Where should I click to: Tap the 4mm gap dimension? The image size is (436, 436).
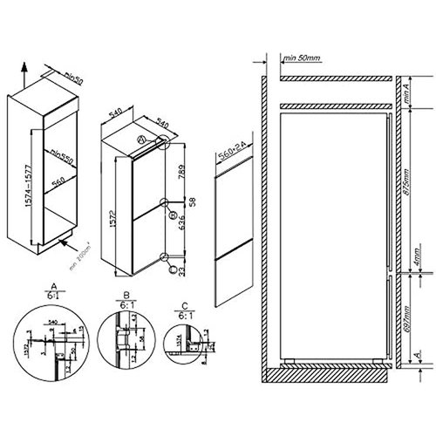tap(420, 259)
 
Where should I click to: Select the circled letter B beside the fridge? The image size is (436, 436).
tap(173, 212)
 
